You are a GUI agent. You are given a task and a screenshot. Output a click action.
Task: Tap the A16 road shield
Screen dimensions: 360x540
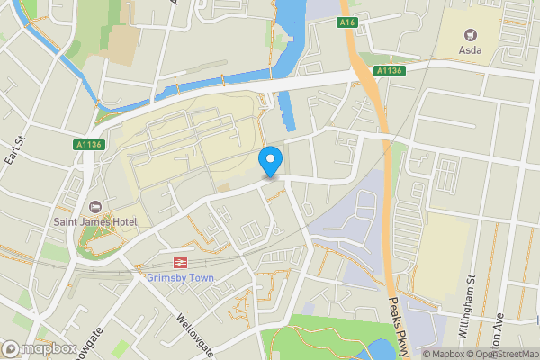click(x=349, y=22)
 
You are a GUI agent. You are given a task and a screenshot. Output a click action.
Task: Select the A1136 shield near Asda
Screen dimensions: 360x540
click(x=390, y=70)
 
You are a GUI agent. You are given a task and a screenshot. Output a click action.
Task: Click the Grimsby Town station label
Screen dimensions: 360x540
click(x=180, y=277)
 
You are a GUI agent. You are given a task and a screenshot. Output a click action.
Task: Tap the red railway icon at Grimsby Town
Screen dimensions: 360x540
click(x=180, y=263)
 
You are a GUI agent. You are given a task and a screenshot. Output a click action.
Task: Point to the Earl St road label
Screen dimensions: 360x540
click(x=12, y=149)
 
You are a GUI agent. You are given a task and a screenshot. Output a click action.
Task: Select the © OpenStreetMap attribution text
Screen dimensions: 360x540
click(x=500, y=354)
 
